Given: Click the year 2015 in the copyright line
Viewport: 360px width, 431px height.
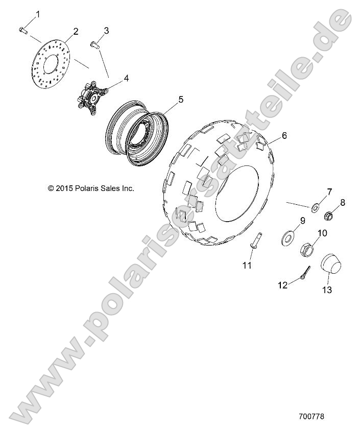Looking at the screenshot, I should (63, 188).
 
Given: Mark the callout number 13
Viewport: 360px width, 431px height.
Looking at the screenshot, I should (327, 290).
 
